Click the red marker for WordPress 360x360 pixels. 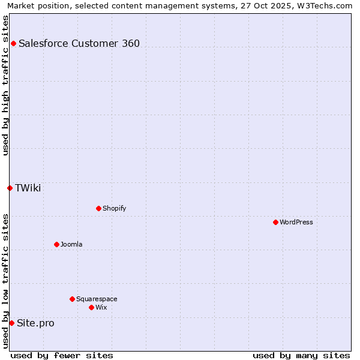(275, 222)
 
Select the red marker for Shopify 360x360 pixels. (98, 208)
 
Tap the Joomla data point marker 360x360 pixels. (56, 244)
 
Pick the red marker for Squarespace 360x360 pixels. (72, 299)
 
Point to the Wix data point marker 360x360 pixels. (91, 307)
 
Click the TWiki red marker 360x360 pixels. (10, 188)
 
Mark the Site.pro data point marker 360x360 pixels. (11, 323)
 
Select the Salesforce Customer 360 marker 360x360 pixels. (13, 43)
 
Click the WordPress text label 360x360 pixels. (296, 222)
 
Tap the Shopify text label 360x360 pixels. (114, 208)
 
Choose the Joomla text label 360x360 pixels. (71, 244)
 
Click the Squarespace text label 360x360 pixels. (97, 299)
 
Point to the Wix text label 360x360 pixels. (101, 307)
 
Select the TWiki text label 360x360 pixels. (28, 188)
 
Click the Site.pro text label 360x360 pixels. (35, 323)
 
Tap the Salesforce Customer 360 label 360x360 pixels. (79, 43)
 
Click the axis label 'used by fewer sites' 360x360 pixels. (61, 355)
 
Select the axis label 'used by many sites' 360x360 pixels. (301, 355)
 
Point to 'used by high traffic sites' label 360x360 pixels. (5, 85)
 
